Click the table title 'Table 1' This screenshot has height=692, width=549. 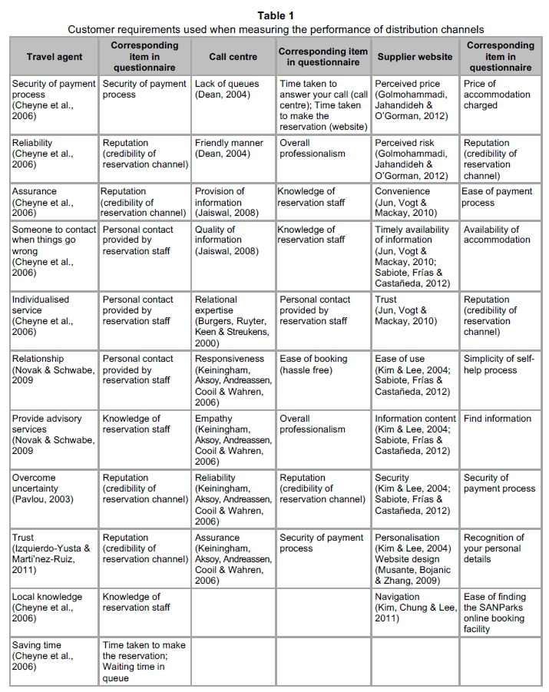click(275, 15)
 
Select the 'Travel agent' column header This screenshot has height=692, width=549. click(54, 57)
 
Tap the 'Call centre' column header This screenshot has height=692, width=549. click(233, 57)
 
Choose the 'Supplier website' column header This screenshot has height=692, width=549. click(415, 57)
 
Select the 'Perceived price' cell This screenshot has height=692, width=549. click(415, 100)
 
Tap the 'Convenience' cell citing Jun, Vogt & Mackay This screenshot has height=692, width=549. click(415, 202)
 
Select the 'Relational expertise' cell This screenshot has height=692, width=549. click(233, 321)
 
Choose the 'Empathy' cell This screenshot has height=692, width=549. click(233, 440)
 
